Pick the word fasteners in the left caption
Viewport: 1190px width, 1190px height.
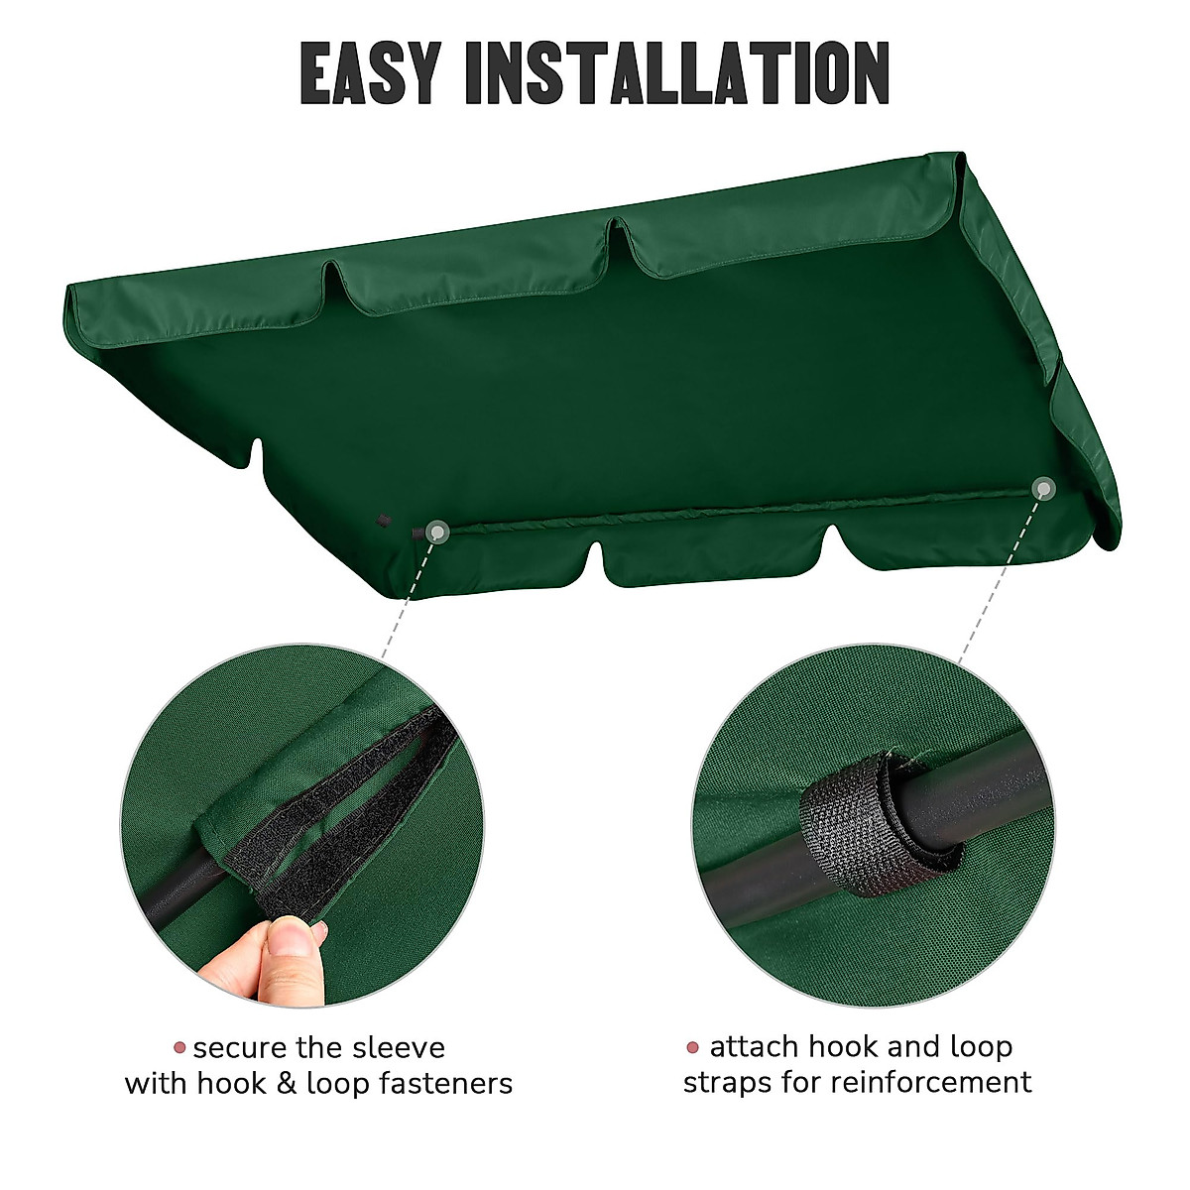(x=446, y=1083)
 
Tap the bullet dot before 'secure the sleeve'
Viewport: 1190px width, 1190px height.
(x=179, y=1048)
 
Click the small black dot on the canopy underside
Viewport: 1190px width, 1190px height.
(x=383, y=518)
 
